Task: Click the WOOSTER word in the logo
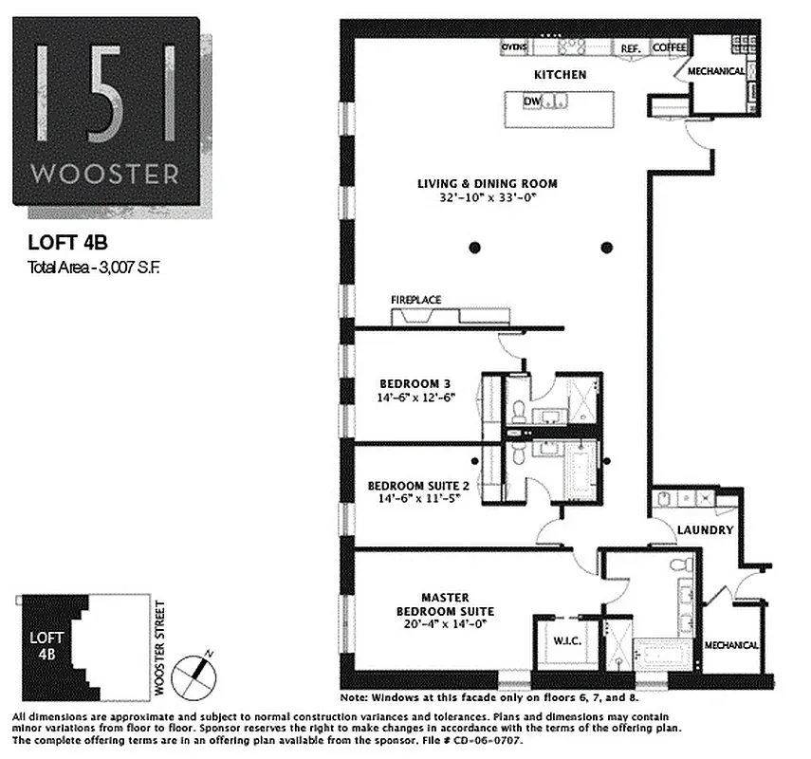point(104,175)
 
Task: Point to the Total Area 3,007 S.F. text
point(94,268)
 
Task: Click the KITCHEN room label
point(560,74)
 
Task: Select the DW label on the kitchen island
point(532,100)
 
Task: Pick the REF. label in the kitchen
point(631,47)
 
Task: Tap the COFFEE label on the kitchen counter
point(670,47)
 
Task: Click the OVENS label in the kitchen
point(514,46)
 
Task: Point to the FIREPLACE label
point(416,300)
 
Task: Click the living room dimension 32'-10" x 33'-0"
point(488,199)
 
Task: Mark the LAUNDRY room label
point(706,529)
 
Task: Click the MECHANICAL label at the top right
point(716,71)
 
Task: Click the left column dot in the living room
point(473,248)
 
